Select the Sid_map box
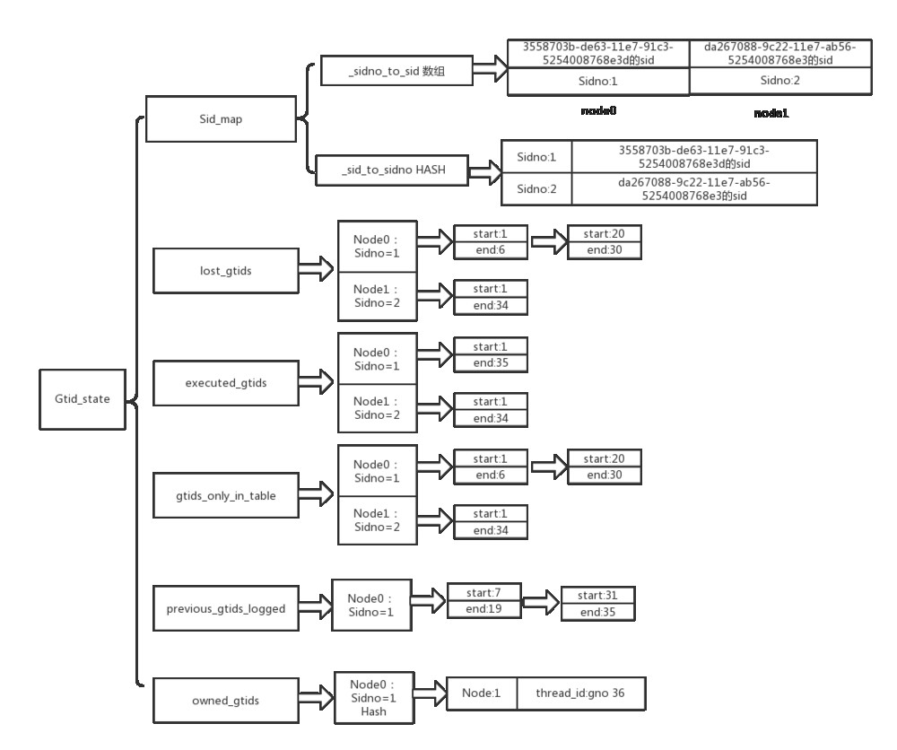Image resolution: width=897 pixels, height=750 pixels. (x=220, y=120)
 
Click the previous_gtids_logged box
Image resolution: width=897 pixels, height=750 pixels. (x=226, y=609)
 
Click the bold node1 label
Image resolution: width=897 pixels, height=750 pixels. (x=771, y=115)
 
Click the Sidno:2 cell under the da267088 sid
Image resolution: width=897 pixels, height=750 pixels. (x=779, y=81)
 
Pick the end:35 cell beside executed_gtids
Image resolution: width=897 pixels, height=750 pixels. (x=490, y=362)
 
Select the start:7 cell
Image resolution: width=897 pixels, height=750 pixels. (x=484, y=594)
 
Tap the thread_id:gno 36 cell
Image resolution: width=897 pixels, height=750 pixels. (x=579, y=693)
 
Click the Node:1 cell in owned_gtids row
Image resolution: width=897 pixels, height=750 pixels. (x=482, y=693)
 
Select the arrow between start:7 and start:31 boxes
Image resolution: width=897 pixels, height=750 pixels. (x=538, y=601)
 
